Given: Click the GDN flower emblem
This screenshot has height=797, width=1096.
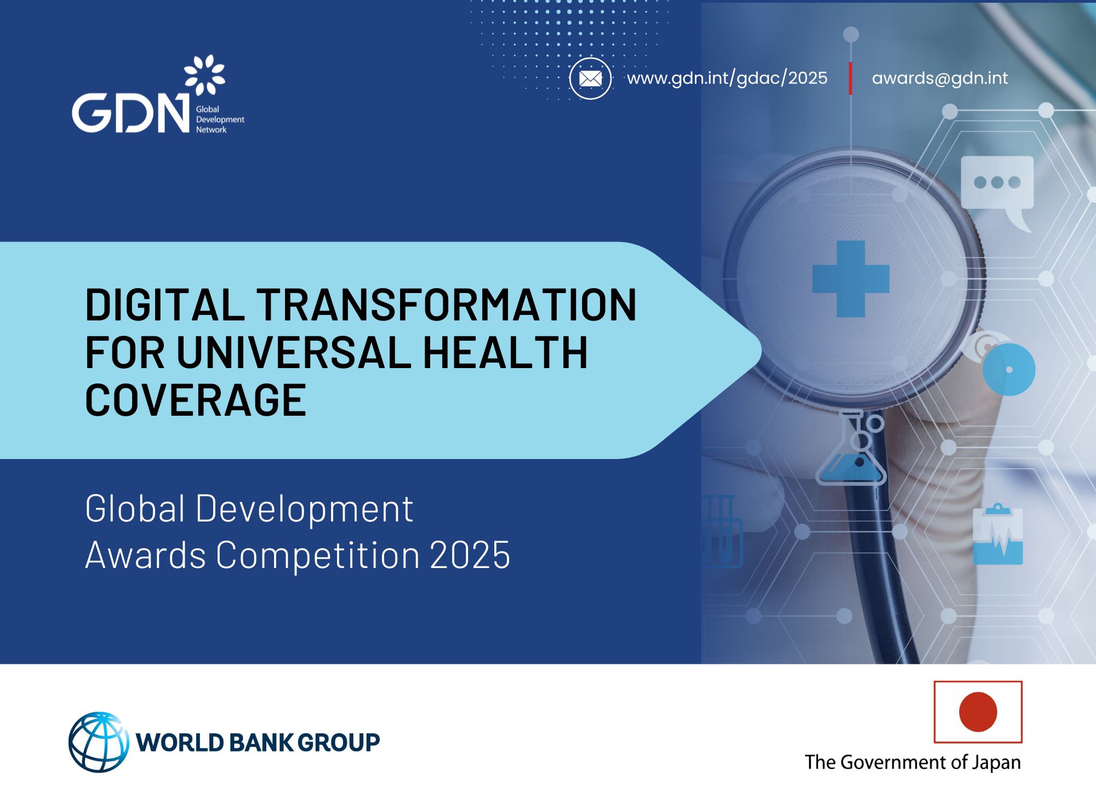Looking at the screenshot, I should point(204,74).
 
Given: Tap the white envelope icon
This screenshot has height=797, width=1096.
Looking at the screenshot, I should point(590,79).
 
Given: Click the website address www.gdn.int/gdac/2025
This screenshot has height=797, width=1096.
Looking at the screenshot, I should point(727,78).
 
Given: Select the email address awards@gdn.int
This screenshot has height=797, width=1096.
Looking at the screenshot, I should point(939,78).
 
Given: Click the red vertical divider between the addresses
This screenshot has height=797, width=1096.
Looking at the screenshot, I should point(850,78).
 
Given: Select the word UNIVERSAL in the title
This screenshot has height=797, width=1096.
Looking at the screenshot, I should point(294,352).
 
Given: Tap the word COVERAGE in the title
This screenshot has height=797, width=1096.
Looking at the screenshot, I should point(196,400).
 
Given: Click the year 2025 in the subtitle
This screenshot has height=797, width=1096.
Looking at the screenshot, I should point(470,555).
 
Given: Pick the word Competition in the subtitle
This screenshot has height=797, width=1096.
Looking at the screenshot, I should point(318,555).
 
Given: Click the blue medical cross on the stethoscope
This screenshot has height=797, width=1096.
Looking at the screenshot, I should point(850,279).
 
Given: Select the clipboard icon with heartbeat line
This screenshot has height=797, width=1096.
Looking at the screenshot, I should point(997,535).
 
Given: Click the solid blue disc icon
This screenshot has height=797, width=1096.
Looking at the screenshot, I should point(1009,370).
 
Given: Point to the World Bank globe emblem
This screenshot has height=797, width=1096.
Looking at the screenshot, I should point(99,742).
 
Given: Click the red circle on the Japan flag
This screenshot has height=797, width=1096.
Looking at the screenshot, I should point(978,712).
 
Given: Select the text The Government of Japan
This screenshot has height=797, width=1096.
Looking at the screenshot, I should point(912,762).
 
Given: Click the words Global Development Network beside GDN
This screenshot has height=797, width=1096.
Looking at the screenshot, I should point(219,119).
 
